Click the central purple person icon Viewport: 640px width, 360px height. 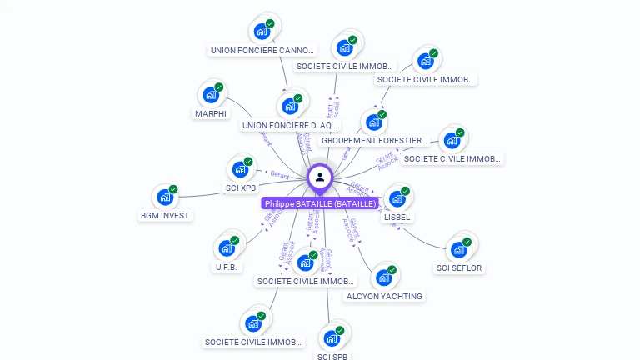pos(320,177)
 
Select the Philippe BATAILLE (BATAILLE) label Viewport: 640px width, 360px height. pos(320,203)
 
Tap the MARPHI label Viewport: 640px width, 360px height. pos(211,114)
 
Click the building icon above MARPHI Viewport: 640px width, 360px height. pos(211,94)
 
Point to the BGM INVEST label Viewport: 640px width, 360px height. pos(165,216)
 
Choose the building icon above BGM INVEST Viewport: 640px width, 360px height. pos(165,197)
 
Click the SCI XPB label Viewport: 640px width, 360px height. pos(241,188)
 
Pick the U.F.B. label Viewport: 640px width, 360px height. pos(227,267)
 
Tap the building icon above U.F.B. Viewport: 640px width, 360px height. pos(227,247)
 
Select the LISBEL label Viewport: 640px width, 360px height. pos(397,217)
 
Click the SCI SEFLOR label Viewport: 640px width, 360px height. pos(459,268)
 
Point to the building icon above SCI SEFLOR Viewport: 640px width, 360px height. pos(458,248)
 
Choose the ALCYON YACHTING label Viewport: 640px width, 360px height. pos(384,296)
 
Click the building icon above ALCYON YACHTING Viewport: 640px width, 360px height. pos(383,277)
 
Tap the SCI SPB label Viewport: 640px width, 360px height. pos(332,357)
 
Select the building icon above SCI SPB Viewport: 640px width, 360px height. pos(332,338)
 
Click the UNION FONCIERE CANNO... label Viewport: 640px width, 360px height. pos(262,51)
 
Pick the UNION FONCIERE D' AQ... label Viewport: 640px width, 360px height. pos(290,126)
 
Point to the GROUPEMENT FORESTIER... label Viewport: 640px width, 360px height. pos(374,141)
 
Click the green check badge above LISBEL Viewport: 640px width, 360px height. pos(405,192)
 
